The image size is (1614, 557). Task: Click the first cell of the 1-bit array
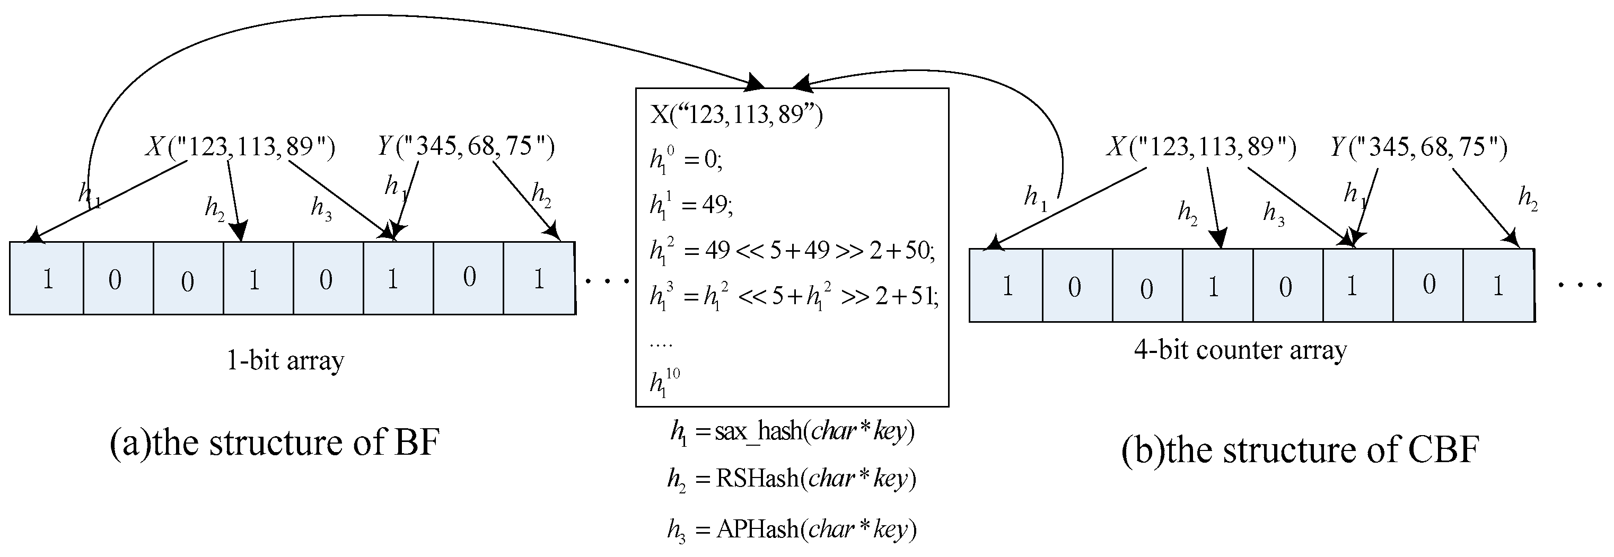click(x=47, y=279)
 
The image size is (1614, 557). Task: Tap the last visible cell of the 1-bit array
click(x=539, y=279)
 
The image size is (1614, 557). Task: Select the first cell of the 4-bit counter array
click(x=1006, y=286)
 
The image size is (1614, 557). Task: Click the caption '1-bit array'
click(x=286, y=361)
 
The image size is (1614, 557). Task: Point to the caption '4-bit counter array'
click(x=1240, y=350)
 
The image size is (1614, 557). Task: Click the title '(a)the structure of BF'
click(x=275, y=443)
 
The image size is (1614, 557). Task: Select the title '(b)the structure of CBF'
click(x=1300, y=450)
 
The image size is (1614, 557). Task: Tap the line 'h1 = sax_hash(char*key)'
click(x=792, y=432)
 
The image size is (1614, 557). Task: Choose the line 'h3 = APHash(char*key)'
click(x=792, y=530)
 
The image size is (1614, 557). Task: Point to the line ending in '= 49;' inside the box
click(x=691, y=206)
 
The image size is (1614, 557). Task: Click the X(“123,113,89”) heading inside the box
click(x=736, y=116)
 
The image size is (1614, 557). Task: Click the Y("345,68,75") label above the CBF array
click(x=1418, y=147)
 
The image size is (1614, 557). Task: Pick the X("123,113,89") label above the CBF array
click(x=1200, y=147)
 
